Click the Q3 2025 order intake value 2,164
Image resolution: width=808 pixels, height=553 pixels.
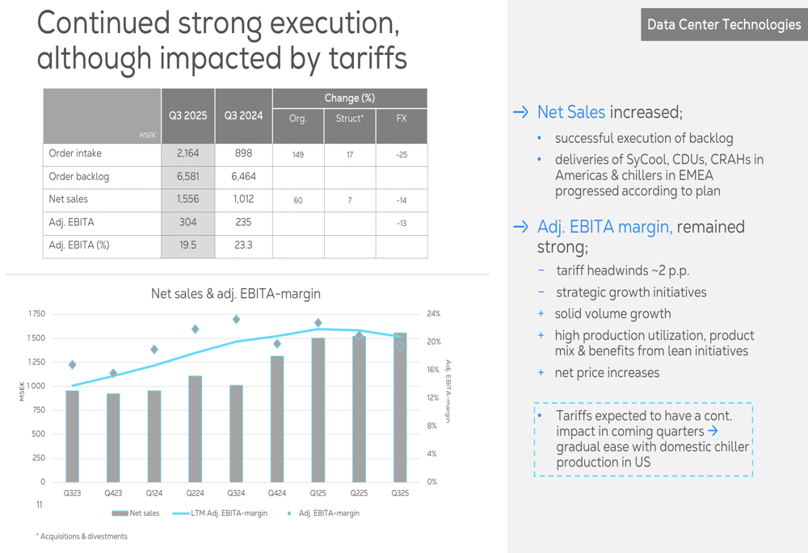point(187,153)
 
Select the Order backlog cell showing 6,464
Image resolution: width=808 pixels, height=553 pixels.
point(242,176)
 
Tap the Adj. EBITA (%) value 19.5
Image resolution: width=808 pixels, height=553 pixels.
point(187,245)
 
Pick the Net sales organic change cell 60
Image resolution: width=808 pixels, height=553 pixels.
point(298,200)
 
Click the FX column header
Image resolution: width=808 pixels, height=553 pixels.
point(402,119)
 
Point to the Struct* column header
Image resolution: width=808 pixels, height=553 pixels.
point(350,119)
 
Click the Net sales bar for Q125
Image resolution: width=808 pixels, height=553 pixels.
point(318,409)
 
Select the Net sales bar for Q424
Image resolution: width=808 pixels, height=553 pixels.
point(277,418)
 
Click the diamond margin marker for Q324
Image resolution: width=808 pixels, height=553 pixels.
point(236,320)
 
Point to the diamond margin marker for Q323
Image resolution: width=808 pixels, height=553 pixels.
point(73,365)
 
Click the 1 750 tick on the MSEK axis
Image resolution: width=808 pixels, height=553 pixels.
point(36,314)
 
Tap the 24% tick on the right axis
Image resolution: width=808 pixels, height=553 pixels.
point(433,314)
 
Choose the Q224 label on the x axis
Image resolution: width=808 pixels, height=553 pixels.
point(195,492)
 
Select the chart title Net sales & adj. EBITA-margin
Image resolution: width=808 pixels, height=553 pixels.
point(235,294)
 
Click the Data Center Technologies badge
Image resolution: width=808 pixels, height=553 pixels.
point(724,25)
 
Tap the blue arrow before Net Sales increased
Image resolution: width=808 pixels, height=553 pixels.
point(521,112)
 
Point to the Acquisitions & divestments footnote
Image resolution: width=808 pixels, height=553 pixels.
point(82,536)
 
